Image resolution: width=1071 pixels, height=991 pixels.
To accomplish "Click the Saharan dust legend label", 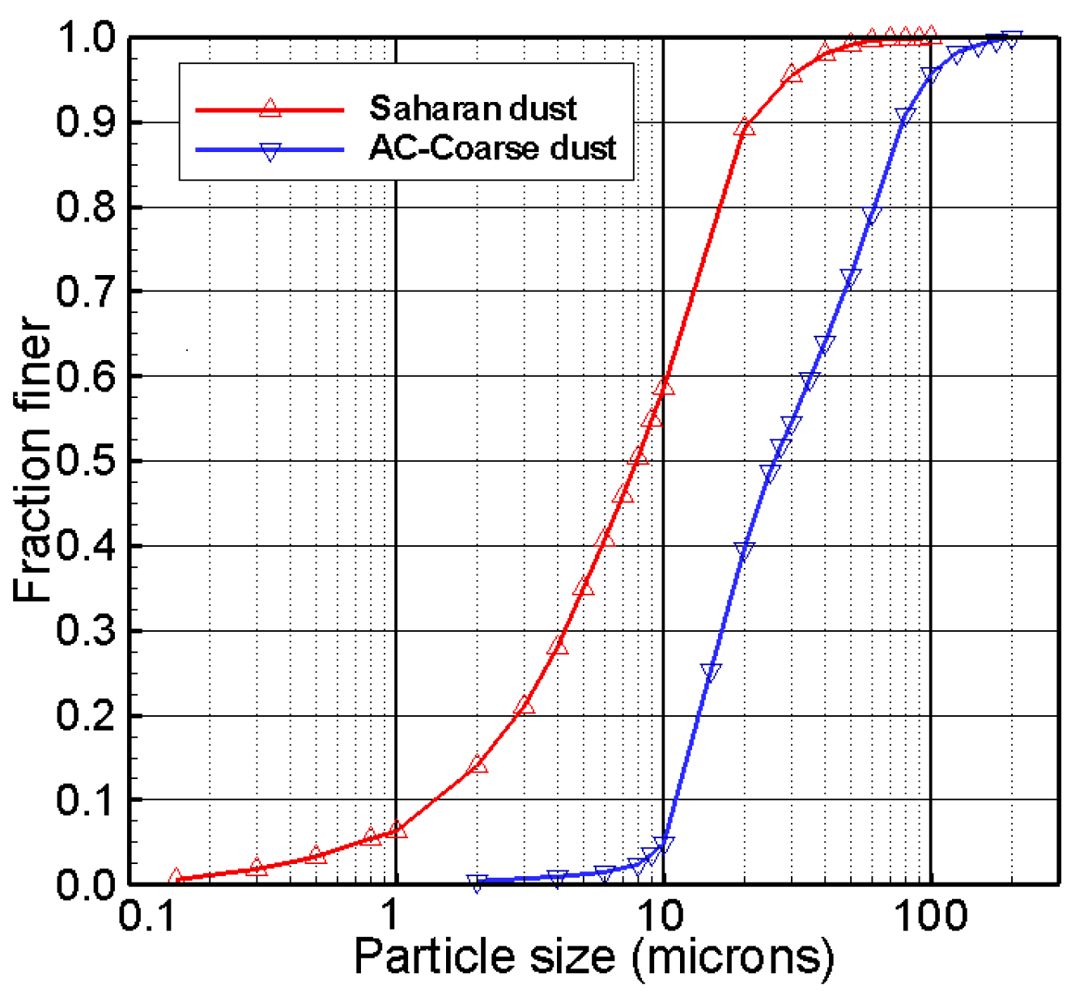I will [x=473, y=108].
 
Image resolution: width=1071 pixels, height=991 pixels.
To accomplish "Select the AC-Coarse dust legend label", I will [x=492, y=148].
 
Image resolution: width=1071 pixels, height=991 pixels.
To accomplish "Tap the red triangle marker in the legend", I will [x=270, y=108].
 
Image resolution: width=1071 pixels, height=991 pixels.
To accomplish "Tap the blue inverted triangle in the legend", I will [x=270, y=151].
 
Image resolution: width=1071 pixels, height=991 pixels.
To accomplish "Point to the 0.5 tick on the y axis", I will [x=86, y=461].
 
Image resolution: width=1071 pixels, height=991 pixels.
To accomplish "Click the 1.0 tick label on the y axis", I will [x=86, y=37].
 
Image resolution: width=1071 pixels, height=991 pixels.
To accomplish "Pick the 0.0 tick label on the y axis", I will [x=86, y=884].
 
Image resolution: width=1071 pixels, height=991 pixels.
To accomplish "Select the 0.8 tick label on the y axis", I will [x=86, y=207].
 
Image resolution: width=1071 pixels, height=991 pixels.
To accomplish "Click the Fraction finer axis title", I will [x=32, y=461].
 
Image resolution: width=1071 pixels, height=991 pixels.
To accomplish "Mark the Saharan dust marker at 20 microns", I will [x=744, y=127].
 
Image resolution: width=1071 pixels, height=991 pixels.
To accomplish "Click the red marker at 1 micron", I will [x=396, y=829].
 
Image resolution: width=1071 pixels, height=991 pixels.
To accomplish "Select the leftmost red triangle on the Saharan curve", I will [x=176, y=877].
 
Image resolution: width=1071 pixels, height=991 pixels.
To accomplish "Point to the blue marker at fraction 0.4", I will [x=744, y=551].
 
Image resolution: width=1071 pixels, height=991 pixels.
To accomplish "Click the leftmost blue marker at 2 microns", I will [x=477, y=882].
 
